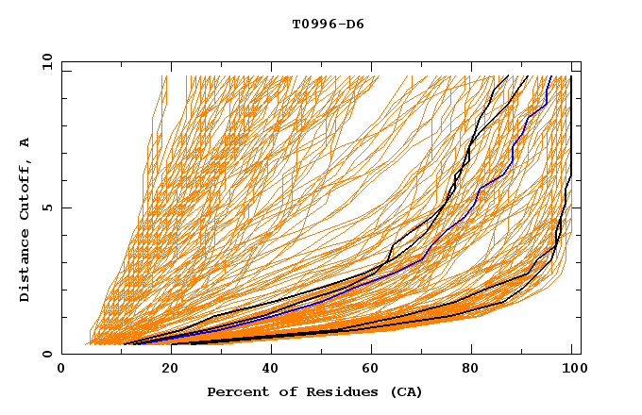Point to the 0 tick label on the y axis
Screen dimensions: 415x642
point(46,354)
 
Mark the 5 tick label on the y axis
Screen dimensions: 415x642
point(46,207)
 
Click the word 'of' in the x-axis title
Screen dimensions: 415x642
point(284,392)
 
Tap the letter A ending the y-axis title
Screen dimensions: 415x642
point(25,142)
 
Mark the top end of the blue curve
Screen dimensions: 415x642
point(552,76)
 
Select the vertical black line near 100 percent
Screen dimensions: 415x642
point(571,132)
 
